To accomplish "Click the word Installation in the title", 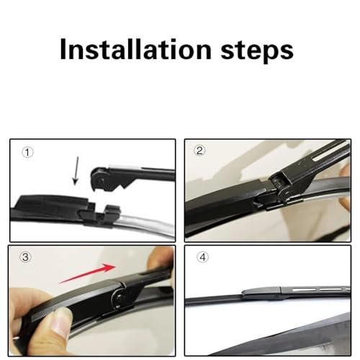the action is [136, 49].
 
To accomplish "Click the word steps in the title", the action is [257, 51].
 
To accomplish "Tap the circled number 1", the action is [27, 153].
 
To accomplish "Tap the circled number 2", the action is [199, 150].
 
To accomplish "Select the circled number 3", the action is [25, 257].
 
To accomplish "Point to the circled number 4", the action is [203, 257].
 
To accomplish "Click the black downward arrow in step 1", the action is [76, 171].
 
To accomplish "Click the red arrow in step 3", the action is [88, 274].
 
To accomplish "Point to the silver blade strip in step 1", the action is [146, 222].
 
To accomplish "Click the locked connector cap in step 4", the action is [261, 293].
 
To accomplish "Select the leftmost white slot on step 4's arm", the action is [304, 289].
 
